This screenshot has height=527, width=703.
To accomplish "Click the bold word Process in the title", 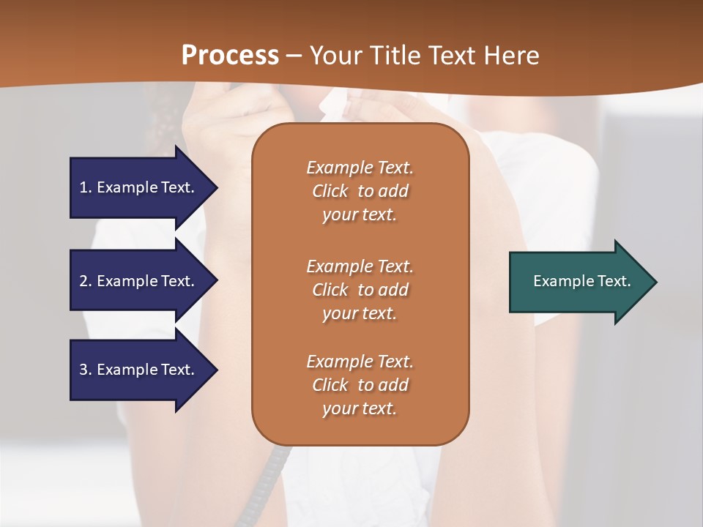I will click(230, 55).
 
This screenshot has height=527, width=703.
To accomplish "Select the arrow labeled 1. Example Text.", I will click(139, 187).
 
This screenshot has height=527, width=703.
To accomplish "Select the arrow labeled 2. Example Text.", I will click(139, 281).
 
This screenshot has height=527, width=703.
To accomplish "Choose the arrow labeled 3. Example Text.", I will click(139, 370).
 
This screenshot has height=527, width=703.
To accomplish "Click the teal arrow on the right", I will click(579, 281).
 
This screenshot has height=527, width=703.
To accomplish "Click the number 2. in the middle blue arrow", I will click(86, 281).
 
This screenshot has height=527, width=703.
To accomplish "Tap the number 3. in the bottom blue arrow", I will click(86, 370).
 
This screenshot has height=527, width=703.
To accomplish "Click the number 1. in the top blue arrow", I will click(86, 187).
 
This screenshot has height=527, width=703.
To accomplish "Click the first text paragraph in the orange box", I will click(360, 191).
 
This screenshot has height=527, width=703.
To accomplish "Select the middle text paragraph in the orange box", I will click(360, 289).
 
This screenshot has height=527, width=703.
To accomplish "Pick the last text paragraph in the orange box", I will click(360, 385).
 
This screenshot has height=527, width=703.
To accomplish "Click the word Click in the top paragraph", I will click(330, 191).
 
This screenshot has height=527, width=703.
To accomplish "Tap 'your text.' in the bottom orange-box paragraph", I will click(360, 408).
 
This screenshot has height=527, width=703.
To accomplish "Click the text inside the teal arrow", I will click(581, 281).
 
